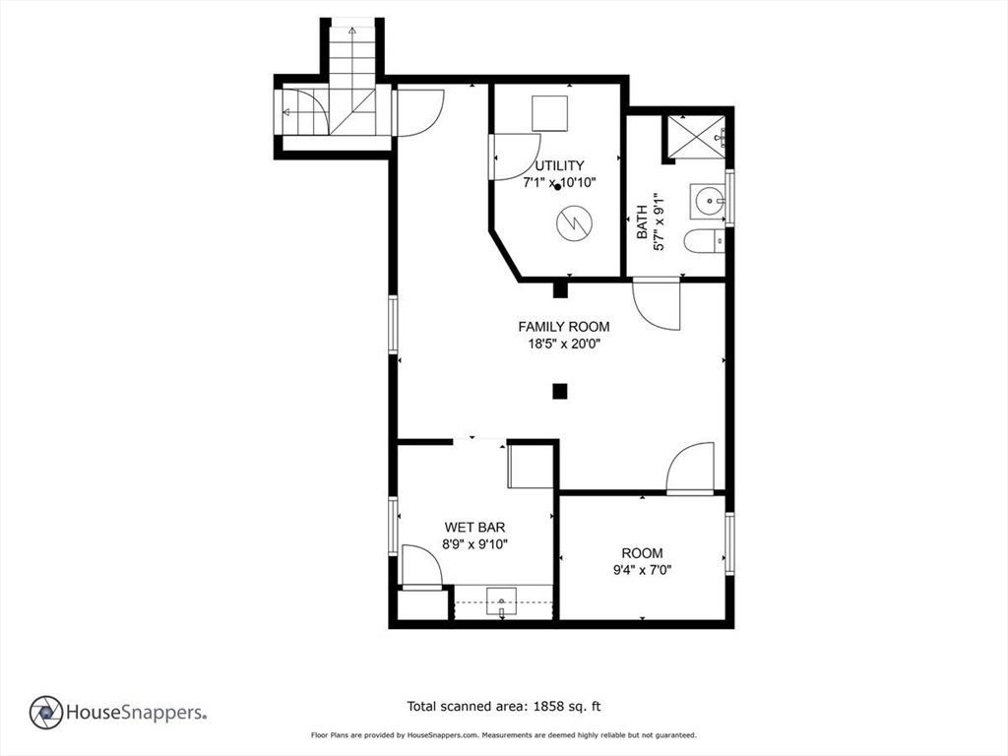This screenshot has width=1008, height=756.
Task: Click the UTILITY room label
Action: (x=559, y=165)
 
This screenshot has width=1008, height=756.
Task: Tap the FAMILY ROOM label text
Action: (x=564, y=327)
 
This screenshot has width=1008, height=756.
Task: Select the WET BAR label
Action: (x=474, y=528)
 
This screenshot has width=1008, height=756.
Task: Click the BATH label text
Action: (x=642, y=221)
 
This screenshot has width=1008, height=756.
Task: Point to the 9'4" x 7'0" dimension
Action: (x=642, y=569)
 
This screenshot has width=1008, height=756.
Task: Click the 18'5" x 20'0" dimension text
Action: (x=564, y=344)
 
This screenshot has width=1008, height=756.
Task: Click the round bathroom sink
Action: (x=708, y=201)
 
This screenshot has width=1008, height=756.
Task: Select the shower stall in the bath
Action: (x=696, y=136)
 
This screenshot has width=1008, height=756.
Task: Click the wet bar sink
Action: (x=501, y=602)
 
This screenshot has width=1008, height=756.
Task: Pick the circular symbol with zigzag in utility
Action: (x=574, y=223)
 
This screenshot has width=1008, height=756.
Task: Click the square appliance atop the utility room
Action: (x=549, y=113)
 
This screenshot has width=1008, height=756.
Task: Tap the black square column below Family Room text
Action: (x=560, y=391)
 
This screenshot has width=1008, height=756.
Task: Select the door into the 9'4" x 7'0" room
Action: (x=690, y=469)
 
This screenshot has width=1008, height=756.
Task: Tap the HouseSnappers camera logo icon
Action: (x=46, y=713)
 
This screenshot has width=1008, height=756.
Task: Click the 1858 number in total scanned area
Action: (x=548, y=707)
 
